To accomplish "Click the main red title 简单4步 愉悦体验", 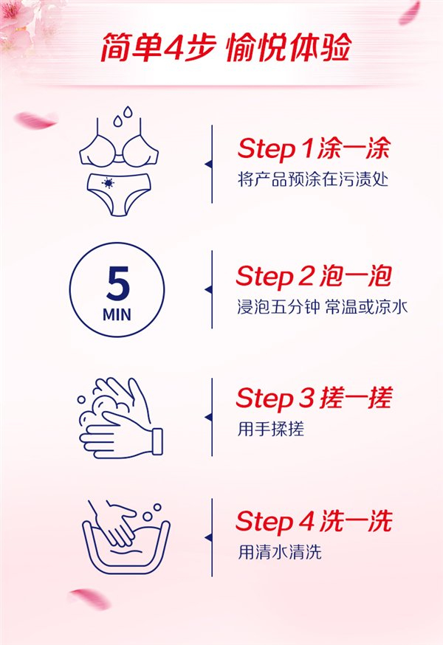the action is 226,47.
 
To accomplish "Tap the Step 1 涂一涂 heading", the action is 314,148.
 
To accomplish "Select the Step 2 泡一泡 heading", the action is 314,276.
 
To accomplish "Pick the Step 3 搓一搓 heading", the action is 314,398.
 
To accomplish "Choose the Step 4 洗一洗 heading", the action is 314,521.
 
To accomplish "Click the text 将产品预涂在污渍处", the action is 313,180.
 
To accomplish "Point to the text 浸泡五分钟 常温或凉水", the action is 322,307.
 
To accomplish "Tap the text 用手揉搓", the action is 270,429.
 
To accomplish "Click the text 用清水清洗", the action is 280,551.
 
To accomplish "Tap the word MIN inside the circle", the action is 117,315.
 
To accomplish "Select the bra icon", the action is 119,142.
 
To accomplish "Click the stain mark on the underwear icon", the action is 108,182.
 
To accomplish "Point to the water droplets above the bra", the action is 123,116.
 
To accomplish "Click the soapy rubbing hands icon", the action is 120,418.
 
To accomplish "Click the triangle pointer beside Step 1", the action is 208,164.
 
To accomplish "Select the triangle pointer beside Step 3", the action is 208,417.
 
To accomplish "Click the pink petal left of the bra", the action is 35,120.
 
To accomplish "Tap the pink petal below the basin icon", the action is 89,598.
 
